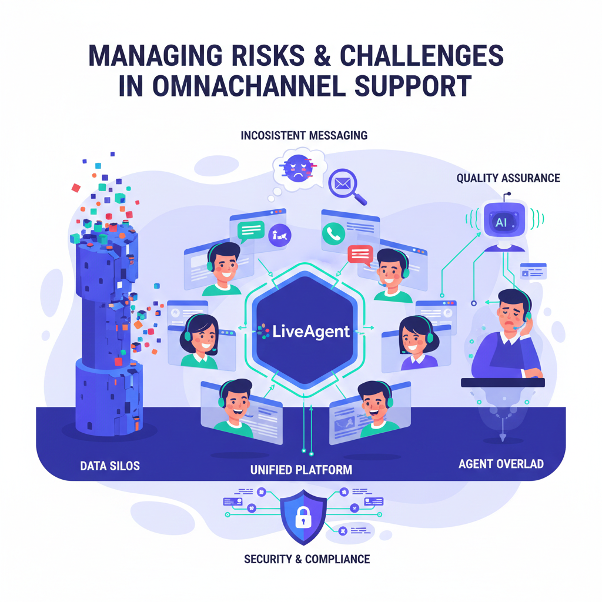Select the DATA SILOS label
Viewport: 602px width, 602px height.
tap(110, 466)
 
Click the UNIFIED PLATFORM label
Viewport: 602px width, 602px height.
tap(301, 470)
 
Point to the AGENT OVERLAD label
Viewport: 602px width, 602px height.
tap(500, 464)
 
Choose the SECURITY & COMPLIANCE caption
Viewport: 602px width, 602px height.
tap(307, 558)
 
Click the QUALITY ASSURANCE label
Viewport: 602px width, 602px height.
tap(508, 178)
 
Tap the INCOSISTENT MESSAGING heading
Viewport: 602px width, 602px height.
tap(304, 136)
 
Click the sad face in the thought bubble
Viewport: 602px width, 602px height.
tap(295, 167)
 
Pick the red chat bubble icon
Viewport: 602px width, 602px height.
tap(360, 255)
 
